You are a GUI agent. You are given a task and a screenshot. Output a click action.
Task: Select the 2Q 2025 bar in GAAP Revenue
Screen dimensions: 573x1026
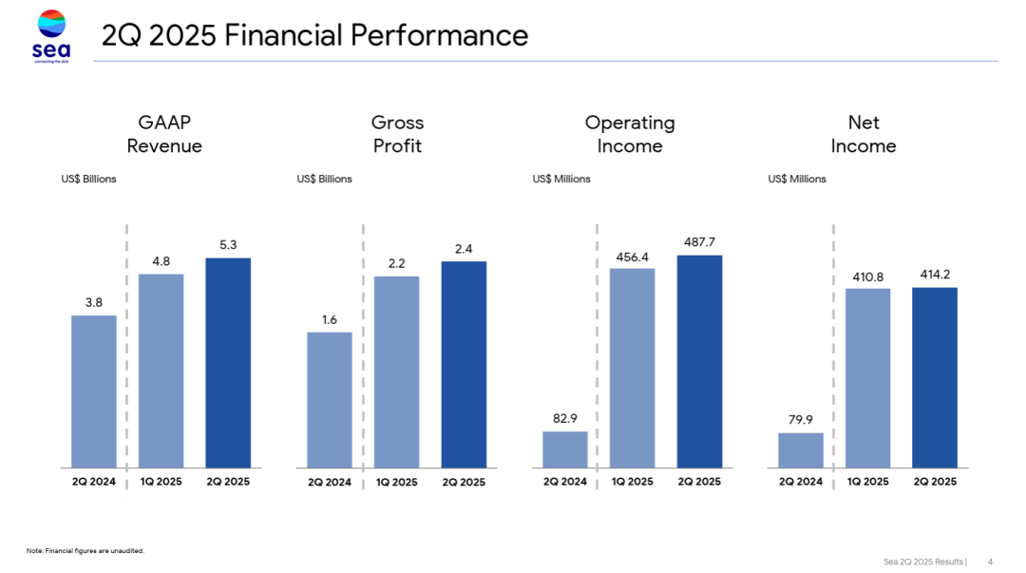click(x=228, y=362)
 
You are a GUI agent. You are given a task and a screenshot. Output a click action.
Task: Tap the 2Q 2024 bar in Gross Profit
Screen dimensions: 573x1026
click(x=330, y=399)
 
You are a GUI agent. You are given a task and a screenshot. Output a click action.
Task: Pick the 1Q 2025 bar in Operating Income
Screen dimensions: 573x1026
click(x=632, y=368)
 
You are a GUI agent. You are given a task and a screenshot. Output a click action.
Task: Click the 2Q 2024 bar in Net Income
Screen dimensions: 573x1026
click(x=801, y=449)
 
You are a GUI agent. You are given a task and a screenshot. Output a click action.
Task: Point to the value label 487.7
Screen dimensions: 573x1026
click(x=699, y=242)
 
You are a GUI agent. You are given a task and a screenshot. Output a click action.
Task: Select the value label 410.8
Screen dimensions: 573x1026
click(x=868, y=276)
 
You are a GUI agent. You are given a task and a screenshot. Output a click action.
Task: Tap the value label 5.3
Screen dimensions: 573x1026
click(x=228, y=245)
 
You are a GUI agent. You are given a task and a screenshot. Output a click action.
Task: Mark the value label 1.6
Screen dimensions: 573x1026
click(x=330, y=319)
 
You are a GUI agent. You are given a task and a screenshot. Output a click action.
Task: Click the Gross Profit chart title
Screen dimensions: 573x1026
click(x=397, y=134)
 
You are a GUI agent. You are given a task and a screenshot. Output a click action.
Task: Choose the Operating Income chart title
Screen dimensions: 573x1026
click(x=630, y=134)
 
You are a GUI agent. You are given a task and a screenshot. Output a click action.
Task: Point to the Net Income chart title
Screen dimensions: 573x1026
click(x=864, y=134)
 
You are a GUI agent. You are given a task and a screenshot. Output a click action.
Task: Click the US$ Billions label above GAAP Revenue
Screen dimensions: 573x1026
click(x=89, y=179)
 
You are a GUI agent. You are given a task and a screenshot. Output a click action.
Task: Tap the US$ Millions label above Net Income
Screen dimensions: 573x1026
click(x=797, y=179)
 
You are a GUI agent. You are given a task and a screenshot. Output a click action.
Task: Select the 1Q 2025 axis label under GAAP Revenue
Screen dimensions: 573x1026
click(x=161, y=482)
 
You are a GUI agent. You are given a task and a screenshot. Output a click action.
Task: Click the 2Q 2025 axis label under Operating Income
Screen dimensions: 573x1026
click(x=699, y=482)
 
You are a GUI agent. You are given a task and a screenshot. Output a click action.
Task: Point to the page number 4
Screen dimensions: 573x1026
click(x=990, y=561)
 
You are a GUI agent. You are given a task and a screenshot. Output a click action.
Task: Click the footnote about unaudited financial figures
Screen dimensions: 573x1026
click(x=85, y=550)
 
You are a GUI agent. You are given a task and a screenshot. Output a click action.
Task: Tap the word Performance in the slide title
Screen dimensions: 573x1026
click(x=439, y=35)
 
